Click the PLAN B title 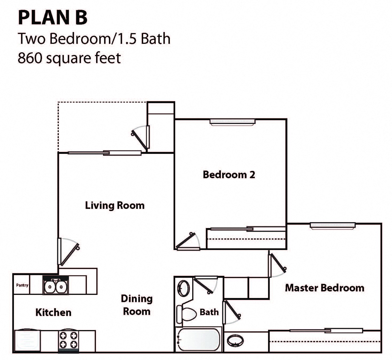pyautogui.click(x=53, y=18)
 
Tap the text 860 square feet pyautogui.click(x=69, y=58)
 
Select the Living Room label pyautogui.click(x=115, y=205)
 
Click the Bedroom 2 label pyautogui.click(x=229, y=175)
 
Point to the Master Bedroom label pyautogui.click(x=324, y=288)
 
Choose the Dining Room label pyautogui.click(x=136, y=305)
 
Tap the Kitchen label pyautogui.click(x=53, y=312)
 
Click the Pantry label pyautogui.click(x=22, y=285)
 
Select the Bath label pyautogui.click(x=209, y=312)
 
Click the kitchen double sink pyautogui.click(x=56, y=287)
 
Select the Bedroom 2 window pyautogui.click(x=232, y=122)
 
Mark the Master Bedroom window pyautogui.click(x=332, y=226)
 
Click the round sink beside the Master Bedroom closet pyautogui.click(x=235, y=341)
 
